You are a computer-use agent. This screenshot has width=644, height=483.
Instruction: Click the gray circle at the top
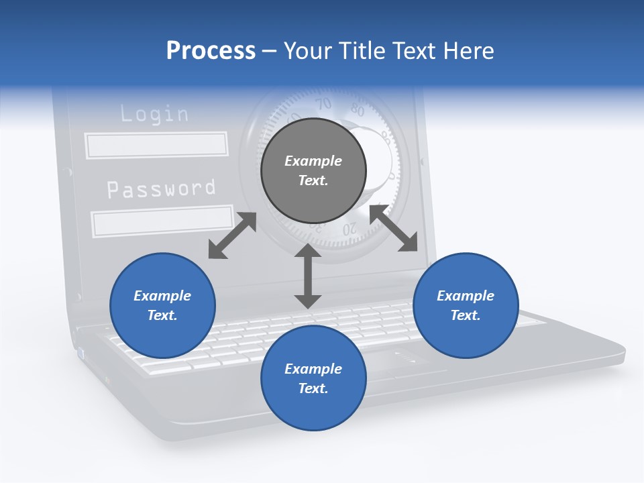(313, 170)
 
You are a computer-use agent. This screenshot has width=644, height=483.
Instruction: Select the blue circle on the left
(162, 305)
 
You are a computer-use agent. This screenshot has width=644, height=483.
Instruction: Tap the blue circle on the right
(466, 305)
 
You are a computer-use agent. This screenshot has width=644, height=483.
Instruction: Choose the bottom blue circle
(313, 378)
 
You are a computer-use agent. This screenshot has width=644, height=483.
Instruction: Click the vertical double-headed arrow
(308, 276)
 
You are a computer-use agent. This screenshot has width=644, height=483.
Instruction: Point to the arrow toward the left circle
(232, 235)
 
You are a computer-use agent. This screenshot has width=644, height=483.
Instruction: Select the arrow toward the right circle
(393, 228)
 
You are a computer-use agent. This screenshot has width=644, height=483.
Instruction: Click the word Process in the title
(211, 50)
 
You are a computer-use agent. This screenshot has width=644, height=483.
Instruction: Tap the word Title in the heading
(364, 50)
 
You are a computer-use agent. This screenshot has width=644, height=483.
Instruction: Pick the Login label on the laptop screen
(154, 114)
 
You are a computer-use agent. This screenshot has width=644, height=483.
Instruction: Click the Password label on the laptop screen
(162, 189)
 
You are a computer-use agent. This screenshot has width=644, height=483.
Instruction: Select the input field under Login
(156, 145)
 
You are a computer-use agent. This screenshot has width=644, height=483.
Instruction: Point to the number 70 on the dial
(324, 104)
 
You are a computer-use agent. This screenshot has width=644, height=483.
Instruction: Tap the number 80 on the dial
(358, 111)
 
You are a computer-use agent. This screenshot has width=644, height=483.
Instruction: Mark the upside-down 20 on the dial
(350, 230)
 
